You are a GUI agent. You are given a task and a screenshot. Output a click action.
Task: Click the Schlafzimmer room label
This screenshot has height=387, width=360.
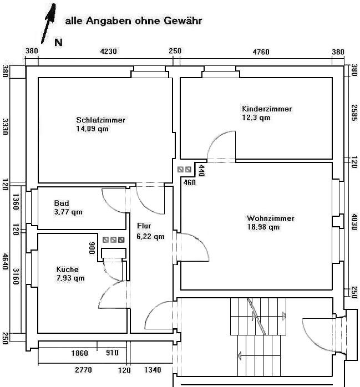pos(100,120)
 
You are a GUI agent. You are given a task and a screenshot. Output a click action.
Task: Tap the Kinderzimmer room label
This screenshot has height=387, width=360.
pos(266,109)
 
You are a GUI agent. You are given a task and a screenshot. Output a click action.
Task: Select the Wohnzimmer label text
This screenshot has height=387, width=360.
pos(271,218)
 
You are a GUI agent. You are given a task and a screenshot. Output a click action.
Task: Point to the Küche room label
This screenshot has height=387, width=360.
pos(68,269)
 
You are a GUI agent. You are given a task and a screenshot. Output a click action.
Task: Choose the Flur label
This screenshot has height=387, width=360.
pos(144,226)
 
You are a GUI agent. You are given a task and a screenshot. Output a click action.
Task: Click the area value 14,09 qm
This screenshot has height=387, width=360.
pos(93,129)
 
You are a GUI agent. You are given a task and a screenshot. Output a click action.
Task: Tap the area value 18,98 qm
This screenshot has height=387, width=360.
pos(263,227)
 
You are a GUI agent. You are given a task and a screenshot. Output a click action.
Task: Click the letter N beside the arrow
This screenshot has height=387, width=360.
pos(58,42)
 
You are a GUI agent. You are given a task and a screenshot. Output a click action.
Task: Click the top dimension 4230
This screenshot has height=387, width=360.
pos(108,52)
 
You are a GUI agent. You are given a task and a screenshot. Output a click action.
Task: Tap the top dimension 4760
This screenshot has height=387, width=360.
pos(261,52)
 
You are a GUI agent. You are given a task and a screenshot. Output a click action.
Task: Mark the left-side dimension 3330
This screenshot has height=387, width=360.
pos(5,127)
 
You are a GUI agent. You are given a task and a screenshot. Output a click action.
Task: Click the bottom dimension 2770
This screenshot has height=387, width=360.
pos(83,370)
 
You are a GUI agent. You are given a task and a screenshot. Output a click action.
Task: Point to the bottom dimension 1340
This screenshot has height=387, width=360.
pos(153,370)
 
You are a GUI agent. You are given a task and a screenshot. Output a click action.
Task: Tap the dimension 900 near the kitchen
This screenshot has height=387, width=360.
pos(92,247)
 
